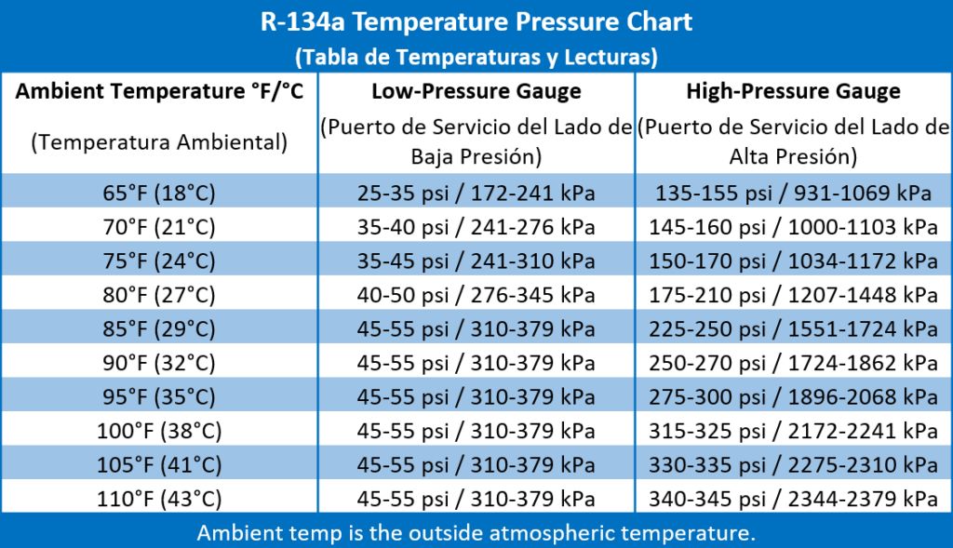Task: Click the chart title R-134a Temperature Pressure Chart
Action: (476, 22)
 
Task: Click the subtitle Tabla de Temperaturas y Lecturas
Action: (476, 57)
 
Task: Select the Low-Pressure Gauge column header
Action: (476, 91)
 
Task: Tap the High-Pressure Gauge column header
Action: (793, 91)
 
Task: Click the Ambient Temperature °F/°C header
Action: (160, 91)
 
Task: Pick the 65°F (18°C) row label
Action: (160, 194)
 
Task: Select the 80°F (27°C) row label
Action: (160, 296)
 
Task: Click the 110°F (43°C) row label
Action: (160, 499)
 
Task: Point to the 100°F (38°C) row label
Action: (160, 431)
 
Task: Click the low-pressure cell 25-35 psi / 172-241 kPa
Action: (476, 194)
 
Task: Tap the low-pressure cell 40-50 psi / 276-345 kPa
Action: (476, 296)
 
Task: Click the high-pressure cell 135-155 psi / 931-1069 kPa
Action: (793, 194)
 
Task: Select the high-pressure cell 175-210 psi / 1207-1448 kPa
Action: (793, 296)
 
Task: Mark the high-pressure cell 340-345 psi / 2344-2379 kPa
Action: (793, 499)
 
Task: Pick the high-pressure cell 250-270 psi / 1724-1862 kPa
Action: (793, 363)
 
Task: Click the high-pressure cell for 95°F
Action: (793, 397)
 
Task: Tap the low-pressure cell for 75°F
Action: (476, 261)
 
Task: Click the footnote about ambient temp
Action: (476, 534)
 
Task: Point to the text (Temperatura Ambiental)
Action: (160, 142)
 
